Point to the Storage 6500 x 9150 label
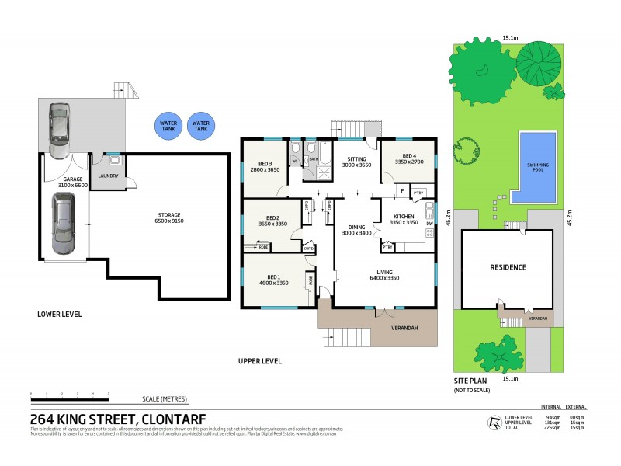coord(169,217)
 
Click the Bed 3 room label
coord(265,166)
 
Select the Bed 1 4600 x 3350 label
coord(273,280)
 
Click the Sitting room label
coord(356,162)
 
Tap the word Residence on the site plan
coord(508,267)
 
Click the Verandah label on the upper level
coord(404,329)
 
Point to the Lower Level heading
coord(60,315)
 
